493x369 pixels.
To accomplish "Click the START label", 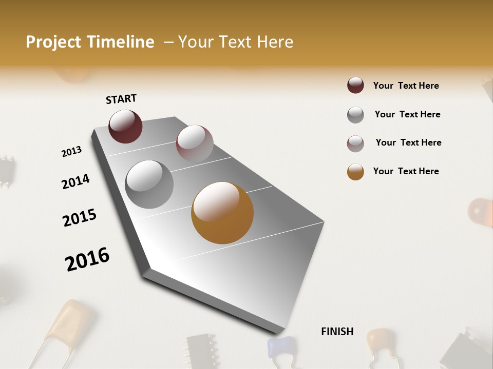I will (121, 99).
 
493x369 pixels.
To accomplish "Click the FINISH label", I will (337, 332).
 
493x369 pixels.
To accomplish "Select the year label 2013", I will (71, 152).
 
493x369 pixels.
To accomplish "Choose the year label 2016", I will (87, 259).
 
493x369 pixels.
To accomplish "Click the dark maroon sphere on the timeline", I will (125, 126).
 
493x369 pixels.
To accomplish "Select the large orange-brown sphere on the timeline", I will (222, 213).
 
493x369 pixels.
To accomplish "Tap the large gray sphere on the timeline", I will (149, 184).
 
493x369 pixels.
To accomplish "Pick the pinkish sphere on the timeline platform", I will (195, 143).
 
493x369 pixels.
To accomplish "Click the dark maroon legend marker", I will (355, 86).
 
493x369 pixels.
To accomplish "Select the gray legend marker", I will (355, 115).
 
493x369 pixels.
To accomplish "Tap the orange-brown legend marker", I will (355, 172).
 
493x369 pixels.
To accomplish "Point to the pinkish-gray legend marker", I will (355, 143).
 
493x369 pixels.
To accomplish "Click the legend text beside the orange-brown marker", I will (406, 171).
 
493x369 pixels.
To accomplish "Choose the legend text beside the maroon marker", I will (406, 86).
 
